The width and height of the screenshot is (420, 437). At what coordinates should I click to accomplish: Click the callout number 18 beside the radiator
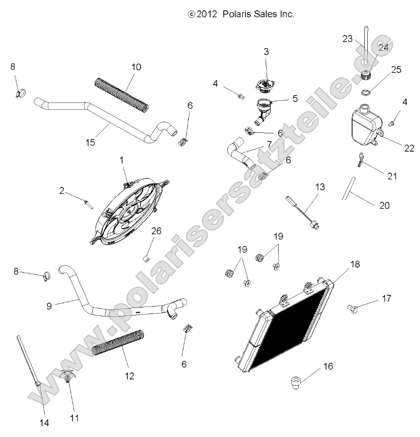click(x=355, y=264)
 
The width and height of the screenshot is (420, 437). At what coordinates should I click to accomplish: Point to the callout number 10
click(x=136, y=67)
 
